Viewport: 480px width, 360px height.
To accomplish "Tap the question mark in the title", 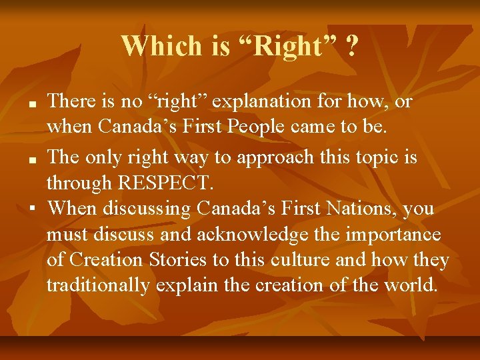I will coord(351,46).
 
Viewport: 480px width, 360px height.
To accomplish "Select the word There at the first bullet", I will coord(72,102).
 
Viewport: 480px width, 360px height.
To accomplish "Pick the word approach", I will coord(263,157).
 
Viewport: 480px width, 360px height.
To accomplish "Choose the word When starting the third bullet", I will coord(73,209).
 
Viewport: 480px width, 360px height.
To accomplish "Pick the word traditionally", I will coord(98,285).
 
